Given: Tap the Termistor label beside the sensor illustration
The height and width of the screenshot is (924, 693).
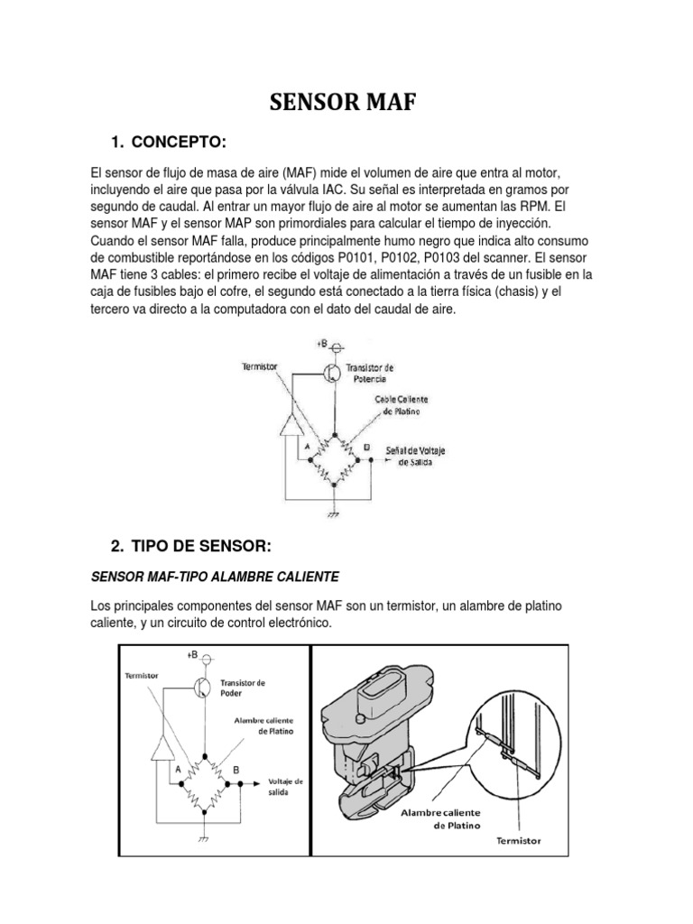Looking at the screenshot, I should (519, 841).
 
